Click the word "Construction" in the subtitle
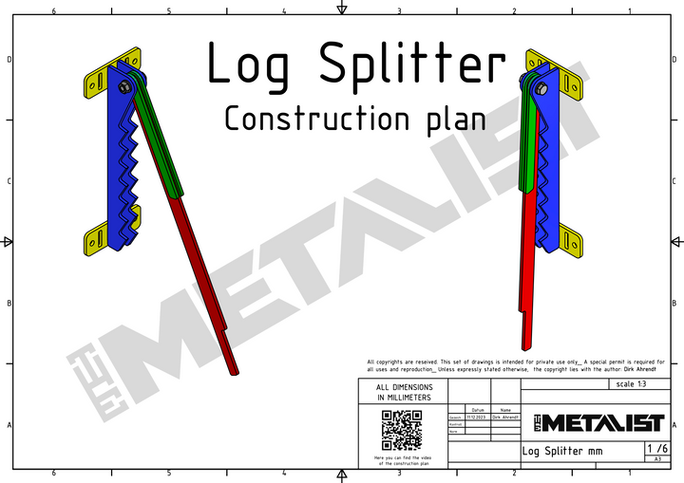tap(308, 119)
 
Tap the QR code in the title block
tap(401, 431)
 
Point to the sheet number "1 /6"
tap(656, 448)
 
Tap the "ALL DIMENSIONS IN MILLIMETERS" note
tap(404, 393)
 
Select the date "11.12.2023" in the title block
tap(477, 418)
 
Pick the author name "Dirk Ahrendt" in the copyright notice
tap(646, 369)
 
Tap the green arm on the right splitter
tap(527, 142)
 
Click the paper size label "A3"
tap(656, 459)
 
